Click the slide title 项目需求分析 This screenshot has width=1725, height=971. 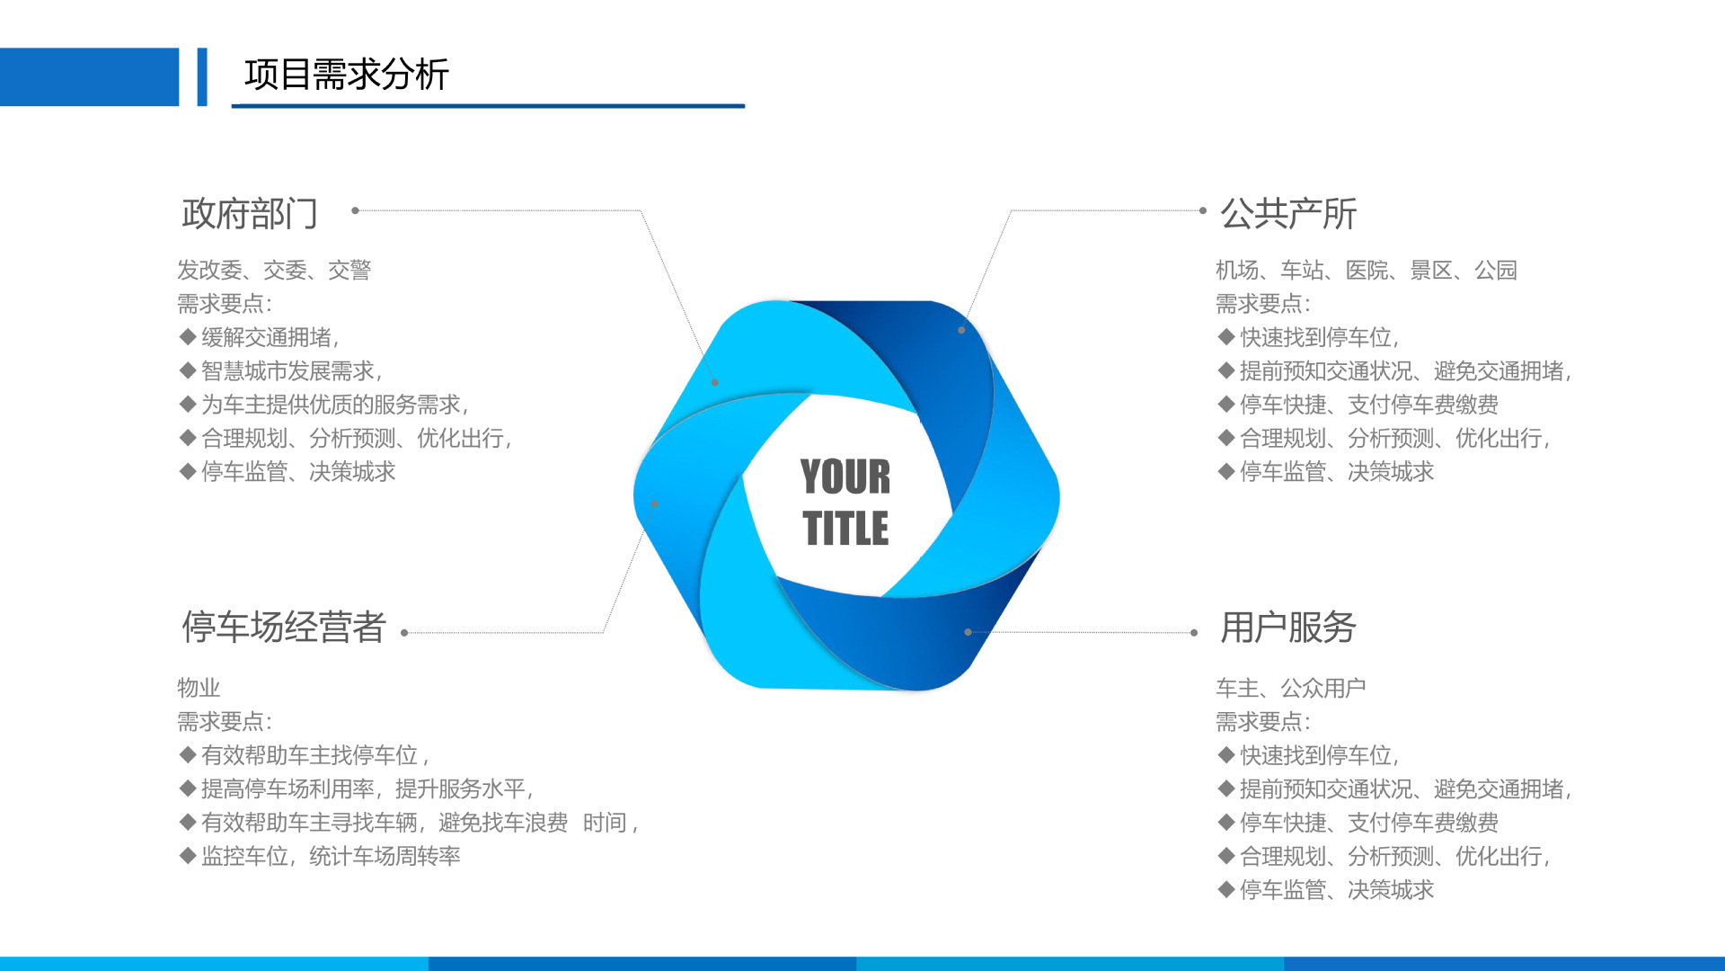coord(346,74)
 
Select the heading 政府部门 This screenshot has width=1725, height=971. coord(250,214)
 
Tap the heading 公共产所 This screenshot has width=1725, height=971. coord(1288,214)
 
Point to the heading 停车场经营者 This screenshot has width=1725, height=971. coord(284,627)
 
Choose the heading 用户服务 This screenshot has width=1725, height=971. coord(1288,627)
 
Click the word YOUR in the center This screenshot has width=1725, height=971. coord(845,477)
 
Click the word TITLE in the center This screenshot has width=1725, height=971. coord(845,528)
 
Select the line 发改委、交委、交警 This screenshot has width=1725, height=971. coord(274,270)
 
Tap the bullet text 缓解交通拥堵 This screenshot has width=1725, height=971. coord(270,337)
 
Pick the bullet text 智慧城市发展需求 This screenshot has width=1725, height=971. coord(291,370)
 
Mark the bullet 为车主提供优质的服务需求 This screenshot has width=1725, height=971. coord(334,405)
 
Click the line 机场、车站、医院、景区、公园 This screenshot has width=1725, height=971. coord(1367,270)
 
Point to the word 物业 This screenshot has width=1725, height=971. coord(199,688)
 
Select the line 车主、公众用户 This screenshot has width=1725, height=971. coord(1291,688)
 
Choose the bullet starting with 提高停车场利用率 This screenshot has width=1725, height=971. coord(367,788)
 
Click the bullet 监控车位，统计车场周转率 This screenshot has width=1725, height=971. coord(331,856)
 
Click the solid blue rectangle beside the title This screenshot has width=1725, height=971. coord(90,76)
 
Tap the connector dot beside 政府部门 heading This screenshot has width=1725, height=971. coord(356,210)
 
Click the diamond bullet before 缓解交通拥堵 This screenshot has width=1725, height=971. coord(188,337)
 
